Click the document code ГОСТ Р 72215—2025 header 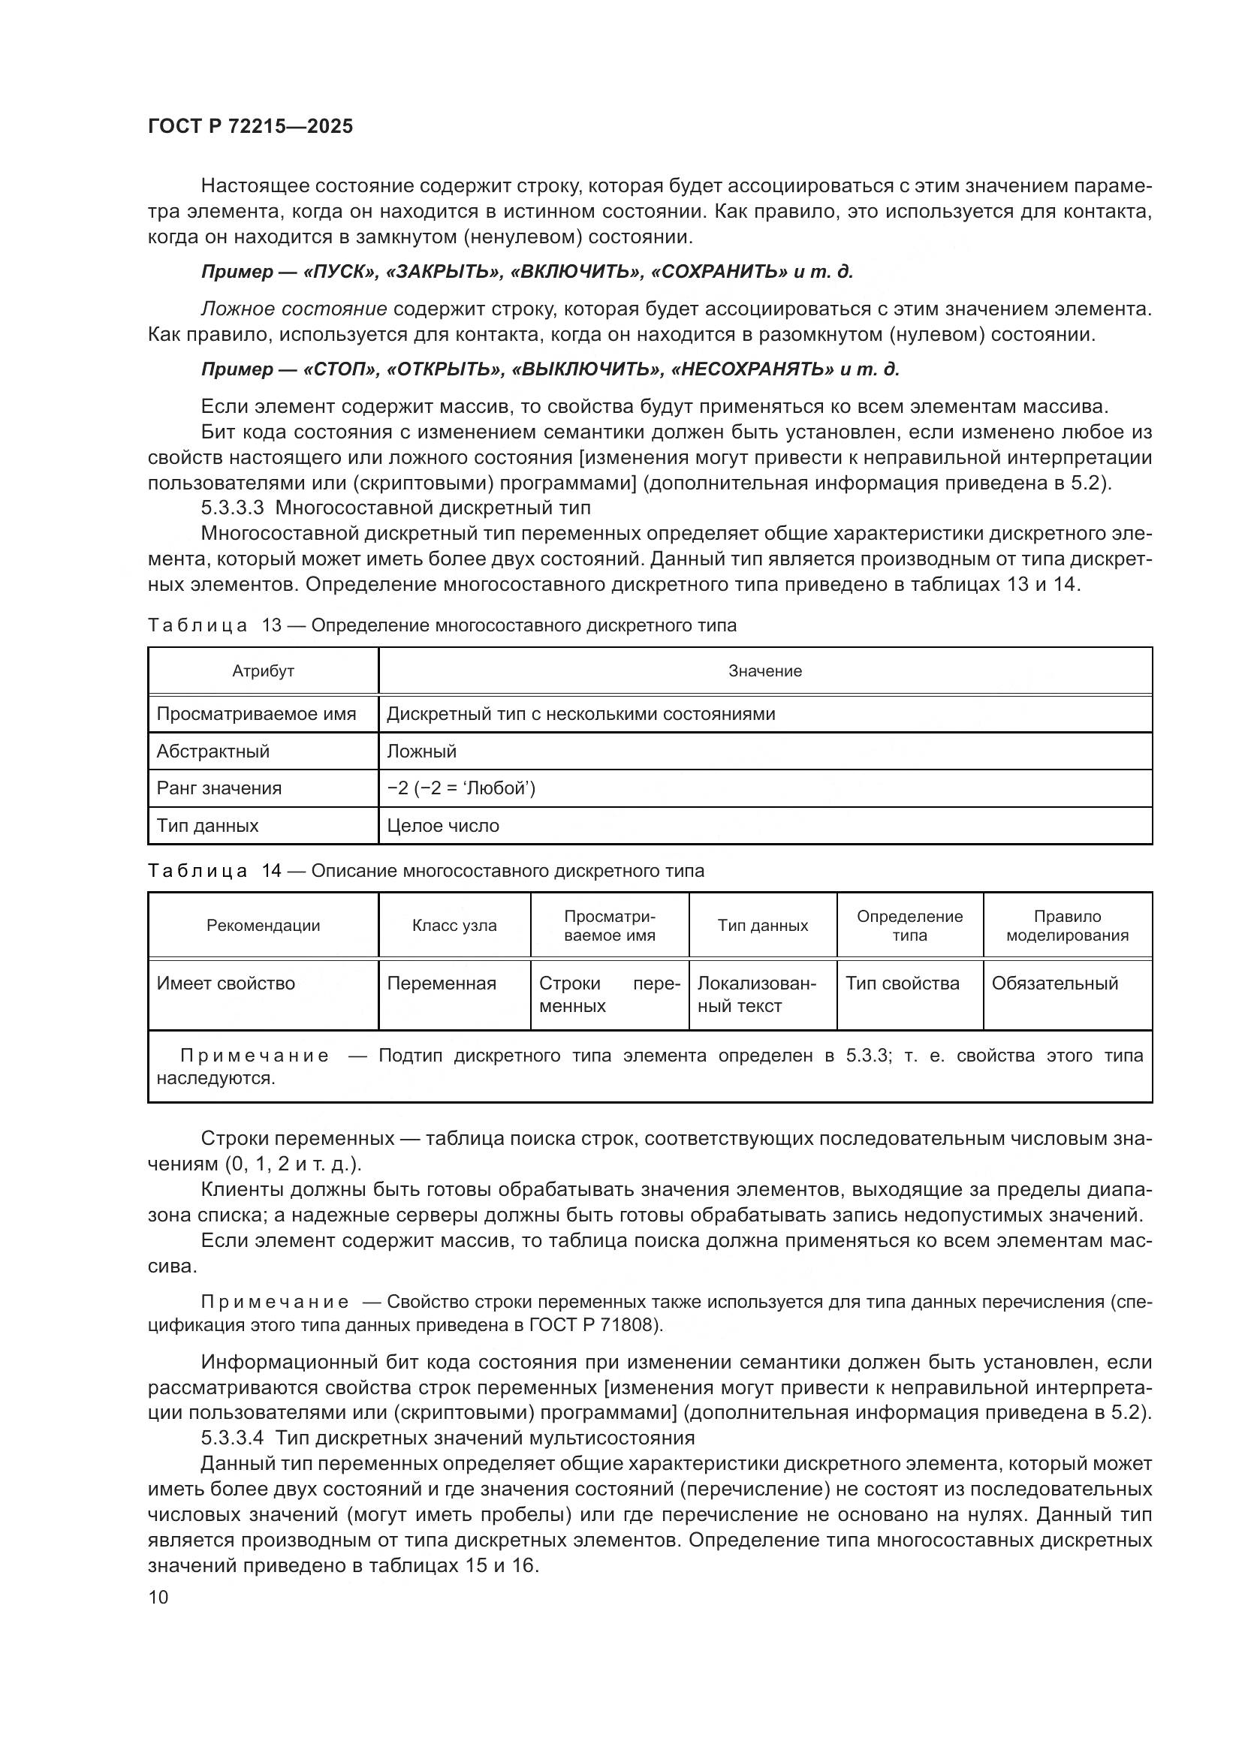coord(250,127)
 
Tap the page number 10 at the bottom coord(158,1597)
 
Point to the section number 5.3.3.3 coord(233,508)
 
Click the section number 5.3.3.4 coord(233,1438)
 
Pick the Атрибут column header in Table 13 coord(263,671)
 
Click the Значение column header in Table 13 coord(764,671)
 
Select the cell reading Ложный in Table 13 coord(421,751)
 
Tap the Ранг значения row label coord(219,788)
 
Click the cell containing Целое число coord(443,826)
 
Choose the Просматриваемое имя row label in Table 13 coord(256,714)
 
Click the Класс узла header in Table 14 coord(454,926)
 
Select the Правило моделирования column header coord(1067,926)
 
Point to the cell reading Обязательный coord(1054,983)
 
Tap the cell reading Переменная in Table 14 coord(442,983)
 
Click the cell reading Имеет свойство coord(225,983)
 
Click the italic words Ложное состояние coord(294,309)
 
